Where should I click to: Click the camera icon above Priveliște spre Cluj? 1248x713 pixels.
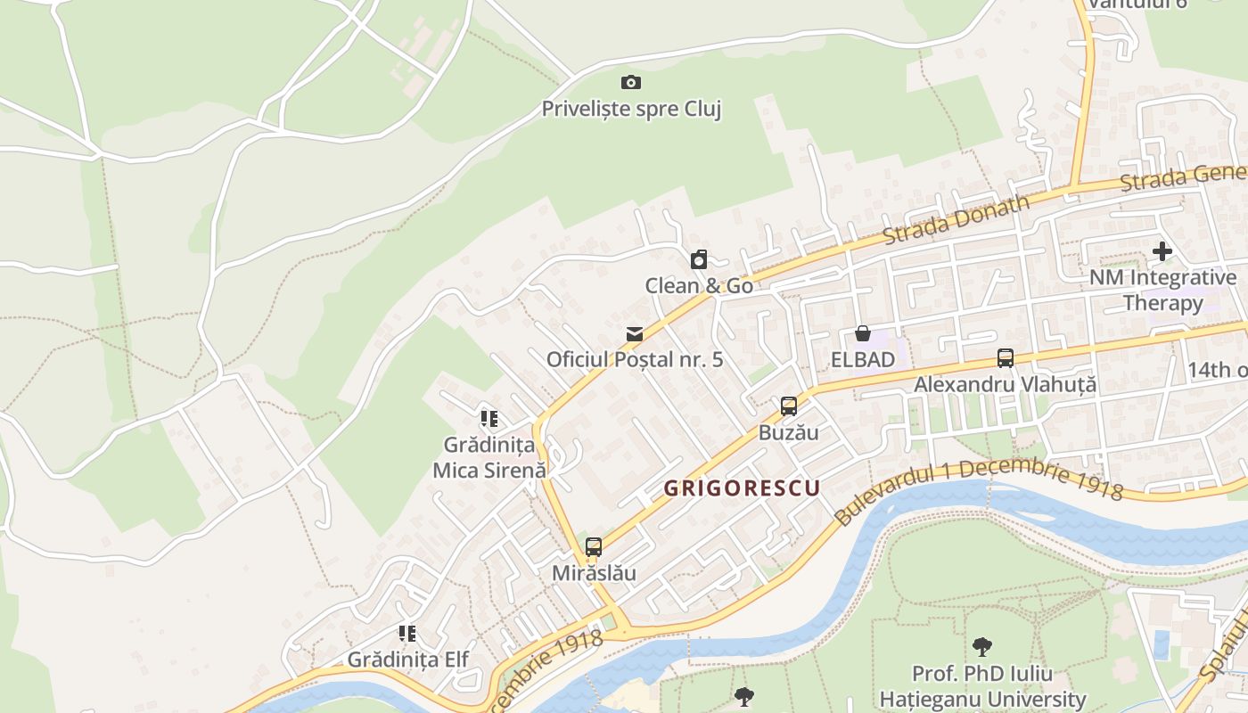tap(631, 83)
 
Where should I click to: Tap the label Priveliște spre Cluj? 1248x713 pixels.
tap(631, 109)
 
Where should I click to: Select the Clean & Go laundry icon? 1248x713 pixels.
tap(699, 260)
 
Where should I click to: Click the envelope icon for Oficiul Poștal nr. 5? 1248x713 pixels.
tap(634, 334)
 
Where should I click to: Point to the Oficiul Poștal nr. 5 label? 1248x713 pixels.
tap(634, 359)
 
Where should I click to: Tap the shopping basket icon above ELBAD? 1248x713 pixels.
tap(862, 334)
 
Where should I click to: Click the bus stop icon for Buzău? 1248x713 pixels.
tap(788, 406)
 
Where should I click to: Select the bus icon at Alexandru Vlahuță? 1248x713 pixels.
tap(1006, 358)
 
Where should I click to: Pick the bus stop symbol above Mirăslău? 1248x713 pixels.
tap(594, 547)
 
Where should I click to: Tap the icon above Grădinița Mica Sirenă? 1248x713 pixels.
tap(489, 418)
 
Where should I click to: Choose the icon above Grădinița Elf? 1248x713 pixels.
tap(407, 634)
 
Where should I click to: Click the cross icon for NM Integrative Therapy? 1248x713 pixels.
tap(1162, 251)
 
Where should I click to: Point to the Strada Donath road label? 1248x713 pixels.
tap(956, 218)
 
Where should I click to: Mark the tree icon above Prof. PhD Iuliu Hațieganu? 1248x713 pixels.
tap(982, 646)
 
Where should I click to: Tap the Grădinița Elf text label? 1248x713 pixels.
tap(407, 660)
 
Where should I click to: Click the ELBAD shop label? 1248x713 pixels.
tap(862, 359)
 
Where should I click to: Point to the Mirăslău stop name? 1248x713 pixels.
tap(594, 572)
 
